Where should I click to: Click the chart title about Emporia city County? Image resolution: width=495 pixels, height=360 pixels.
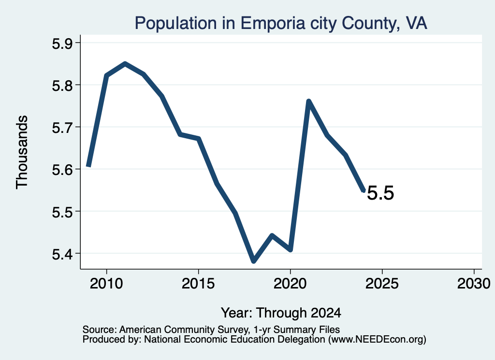281,23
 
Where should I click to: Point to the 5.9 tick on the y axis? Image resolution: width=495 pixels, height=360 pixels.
62,43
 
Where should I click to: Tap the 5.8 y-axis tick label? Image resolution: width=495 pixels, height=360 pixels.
62,86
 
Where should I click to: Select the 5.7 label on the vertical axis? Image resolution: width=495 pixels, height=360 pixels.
62,128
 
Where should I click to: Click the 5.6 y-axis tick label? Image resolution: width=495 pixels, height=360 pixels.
62,170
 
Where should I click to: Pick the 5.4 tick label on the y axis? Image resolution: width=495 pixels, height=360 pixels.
62,254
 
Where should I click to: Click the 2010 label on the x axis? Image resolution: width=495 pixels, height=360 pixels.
106,283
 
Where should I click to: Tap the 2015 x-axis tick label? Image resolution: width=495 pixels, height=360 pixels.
198,283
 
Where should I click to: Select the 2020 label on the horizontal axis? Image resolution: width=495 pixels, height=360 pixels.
290,283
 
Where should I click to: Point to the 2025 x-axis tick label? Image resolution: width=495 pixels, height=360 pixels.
382,283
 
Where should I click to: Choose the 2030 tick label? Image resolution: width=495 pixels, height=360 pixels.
474,283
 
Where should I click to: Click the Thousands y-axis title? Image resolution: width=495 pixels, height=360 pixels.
22,152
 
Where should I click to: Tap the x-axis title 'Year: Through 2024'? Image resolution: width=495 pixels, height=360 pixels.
281,313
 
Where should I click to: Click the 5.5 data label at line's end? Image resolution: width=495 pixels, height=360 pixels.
380,193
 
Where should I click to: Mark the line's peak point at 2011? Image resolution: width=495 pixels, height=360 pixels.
125,64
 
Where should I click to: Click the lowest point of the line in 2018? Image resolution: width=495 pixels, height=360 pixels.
253,261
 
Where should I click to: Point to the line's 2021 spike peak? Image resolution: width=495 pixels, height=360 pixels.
309,101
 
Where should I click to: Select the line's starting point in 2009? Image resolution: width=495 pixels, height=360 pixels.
89,165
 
